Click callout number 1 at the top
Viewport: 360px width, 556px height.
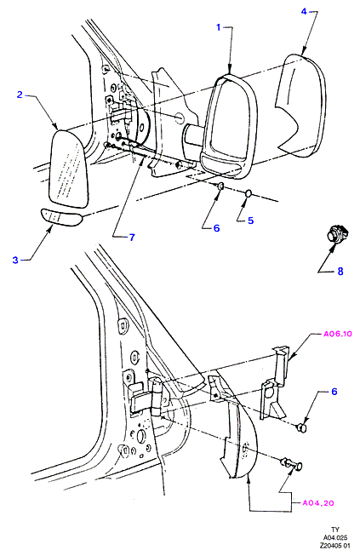[218, 27]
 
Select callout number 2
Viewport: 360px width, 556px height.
[20, 95]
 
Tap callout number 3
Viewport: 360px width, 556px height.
[14, 260]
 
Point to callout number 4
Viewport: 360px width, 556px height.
[304, 11]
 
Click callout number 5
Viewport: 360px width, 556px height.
[250, 221]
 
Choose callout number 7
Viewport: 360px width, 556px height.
[132, 238]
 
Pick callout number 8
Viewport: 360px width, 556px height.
[340, 272]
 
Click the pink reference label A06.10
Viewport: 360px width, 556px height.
[338, 334]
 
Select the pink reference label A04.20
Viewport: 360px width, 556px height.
[318, 503]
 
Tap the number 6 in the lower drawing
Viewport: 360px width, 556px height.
[334, 392]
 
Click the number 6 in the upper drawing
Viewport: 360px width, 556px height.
[216, 228]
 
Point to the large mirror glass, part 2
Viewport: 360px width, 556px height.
[68, 169]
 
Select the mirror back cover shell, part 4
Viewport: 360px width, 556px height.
[300, 106]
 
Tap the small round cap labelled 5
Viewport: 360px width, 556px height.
[248, 193]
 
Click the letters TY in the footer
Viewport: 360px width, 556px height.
[334, 530]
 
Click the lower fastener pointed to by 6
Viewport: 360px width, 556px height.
[301, 428]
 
